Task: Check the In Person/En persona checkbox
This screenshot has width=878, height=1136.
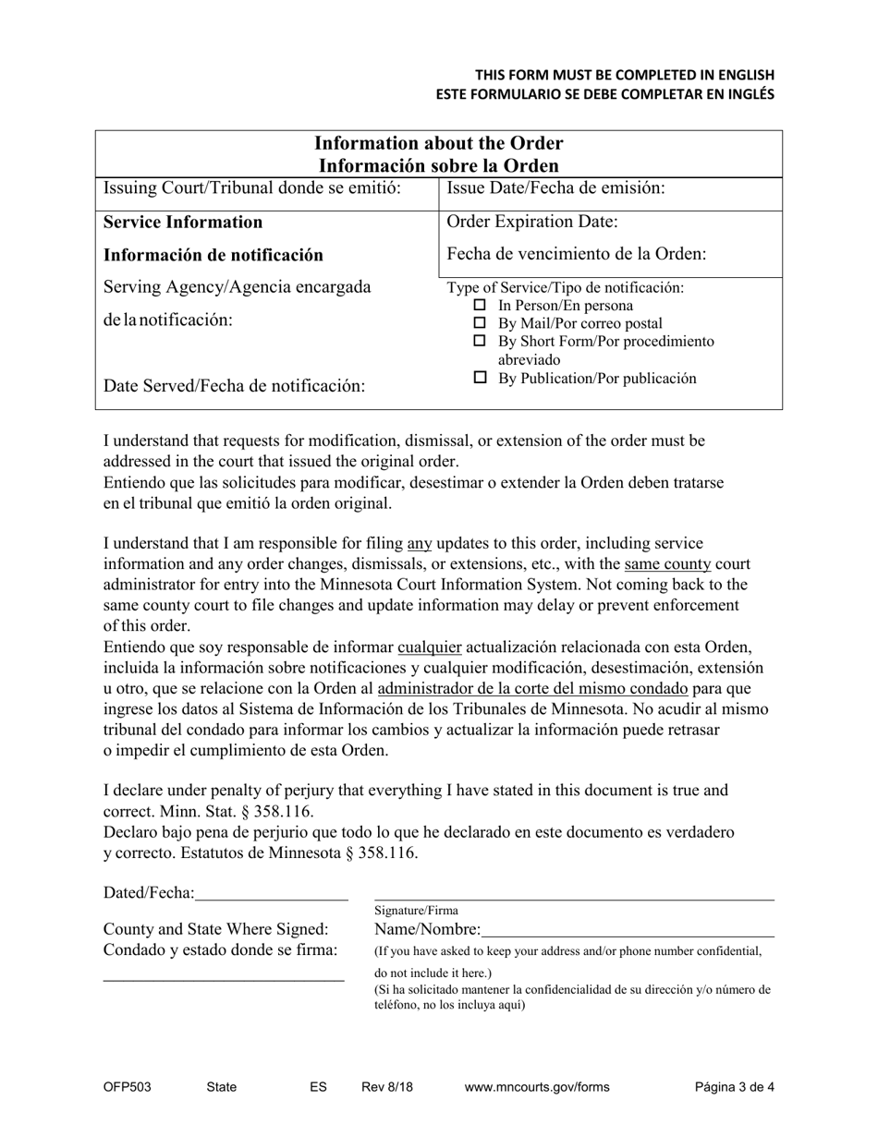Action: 479,306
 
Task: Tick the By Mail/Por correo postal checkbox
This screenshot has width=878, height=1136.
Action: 479,324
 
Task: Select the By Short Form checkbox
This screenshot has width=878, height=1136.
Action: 479,342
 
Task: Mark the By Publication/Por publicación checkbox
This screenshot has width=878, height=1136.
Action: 479,379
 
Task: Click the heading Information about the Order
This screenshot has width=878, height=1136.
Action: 439,144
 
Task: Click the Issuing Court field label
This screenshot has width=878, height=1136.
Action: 251,188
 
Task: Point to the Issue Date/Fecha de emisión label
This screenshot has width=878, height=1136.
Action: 555,188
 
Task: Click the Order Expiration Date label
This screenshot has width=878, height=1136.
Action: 532,222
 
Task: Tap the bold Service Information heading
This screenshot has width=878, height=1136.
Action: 183,222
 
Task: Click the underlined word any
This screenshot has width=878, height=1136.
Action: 420,544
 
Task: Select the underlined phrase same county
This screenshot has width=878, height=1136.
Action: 667,564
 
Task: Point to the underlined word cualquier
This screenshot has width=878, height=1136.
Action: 429,647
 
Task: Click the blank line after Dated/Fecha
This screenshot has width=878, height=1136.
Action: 272,893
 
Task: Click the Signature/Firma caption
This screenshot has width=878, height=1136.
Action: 416,911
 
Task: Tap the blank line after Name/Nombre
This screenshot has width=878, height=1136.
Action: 628,929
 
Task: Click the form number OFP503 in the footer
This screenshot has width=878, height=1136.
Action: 127,1087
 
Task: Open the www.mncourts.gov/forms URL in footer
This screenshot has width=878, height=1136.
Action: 536,1087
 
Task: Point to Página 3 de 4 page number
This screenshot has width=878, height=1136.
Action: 735,1087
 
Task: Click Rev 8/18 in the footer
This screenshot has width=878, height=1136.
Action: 387,1087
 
